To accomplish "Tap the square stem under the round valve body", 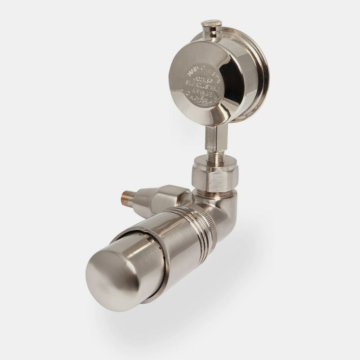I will tap(212, 137).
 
